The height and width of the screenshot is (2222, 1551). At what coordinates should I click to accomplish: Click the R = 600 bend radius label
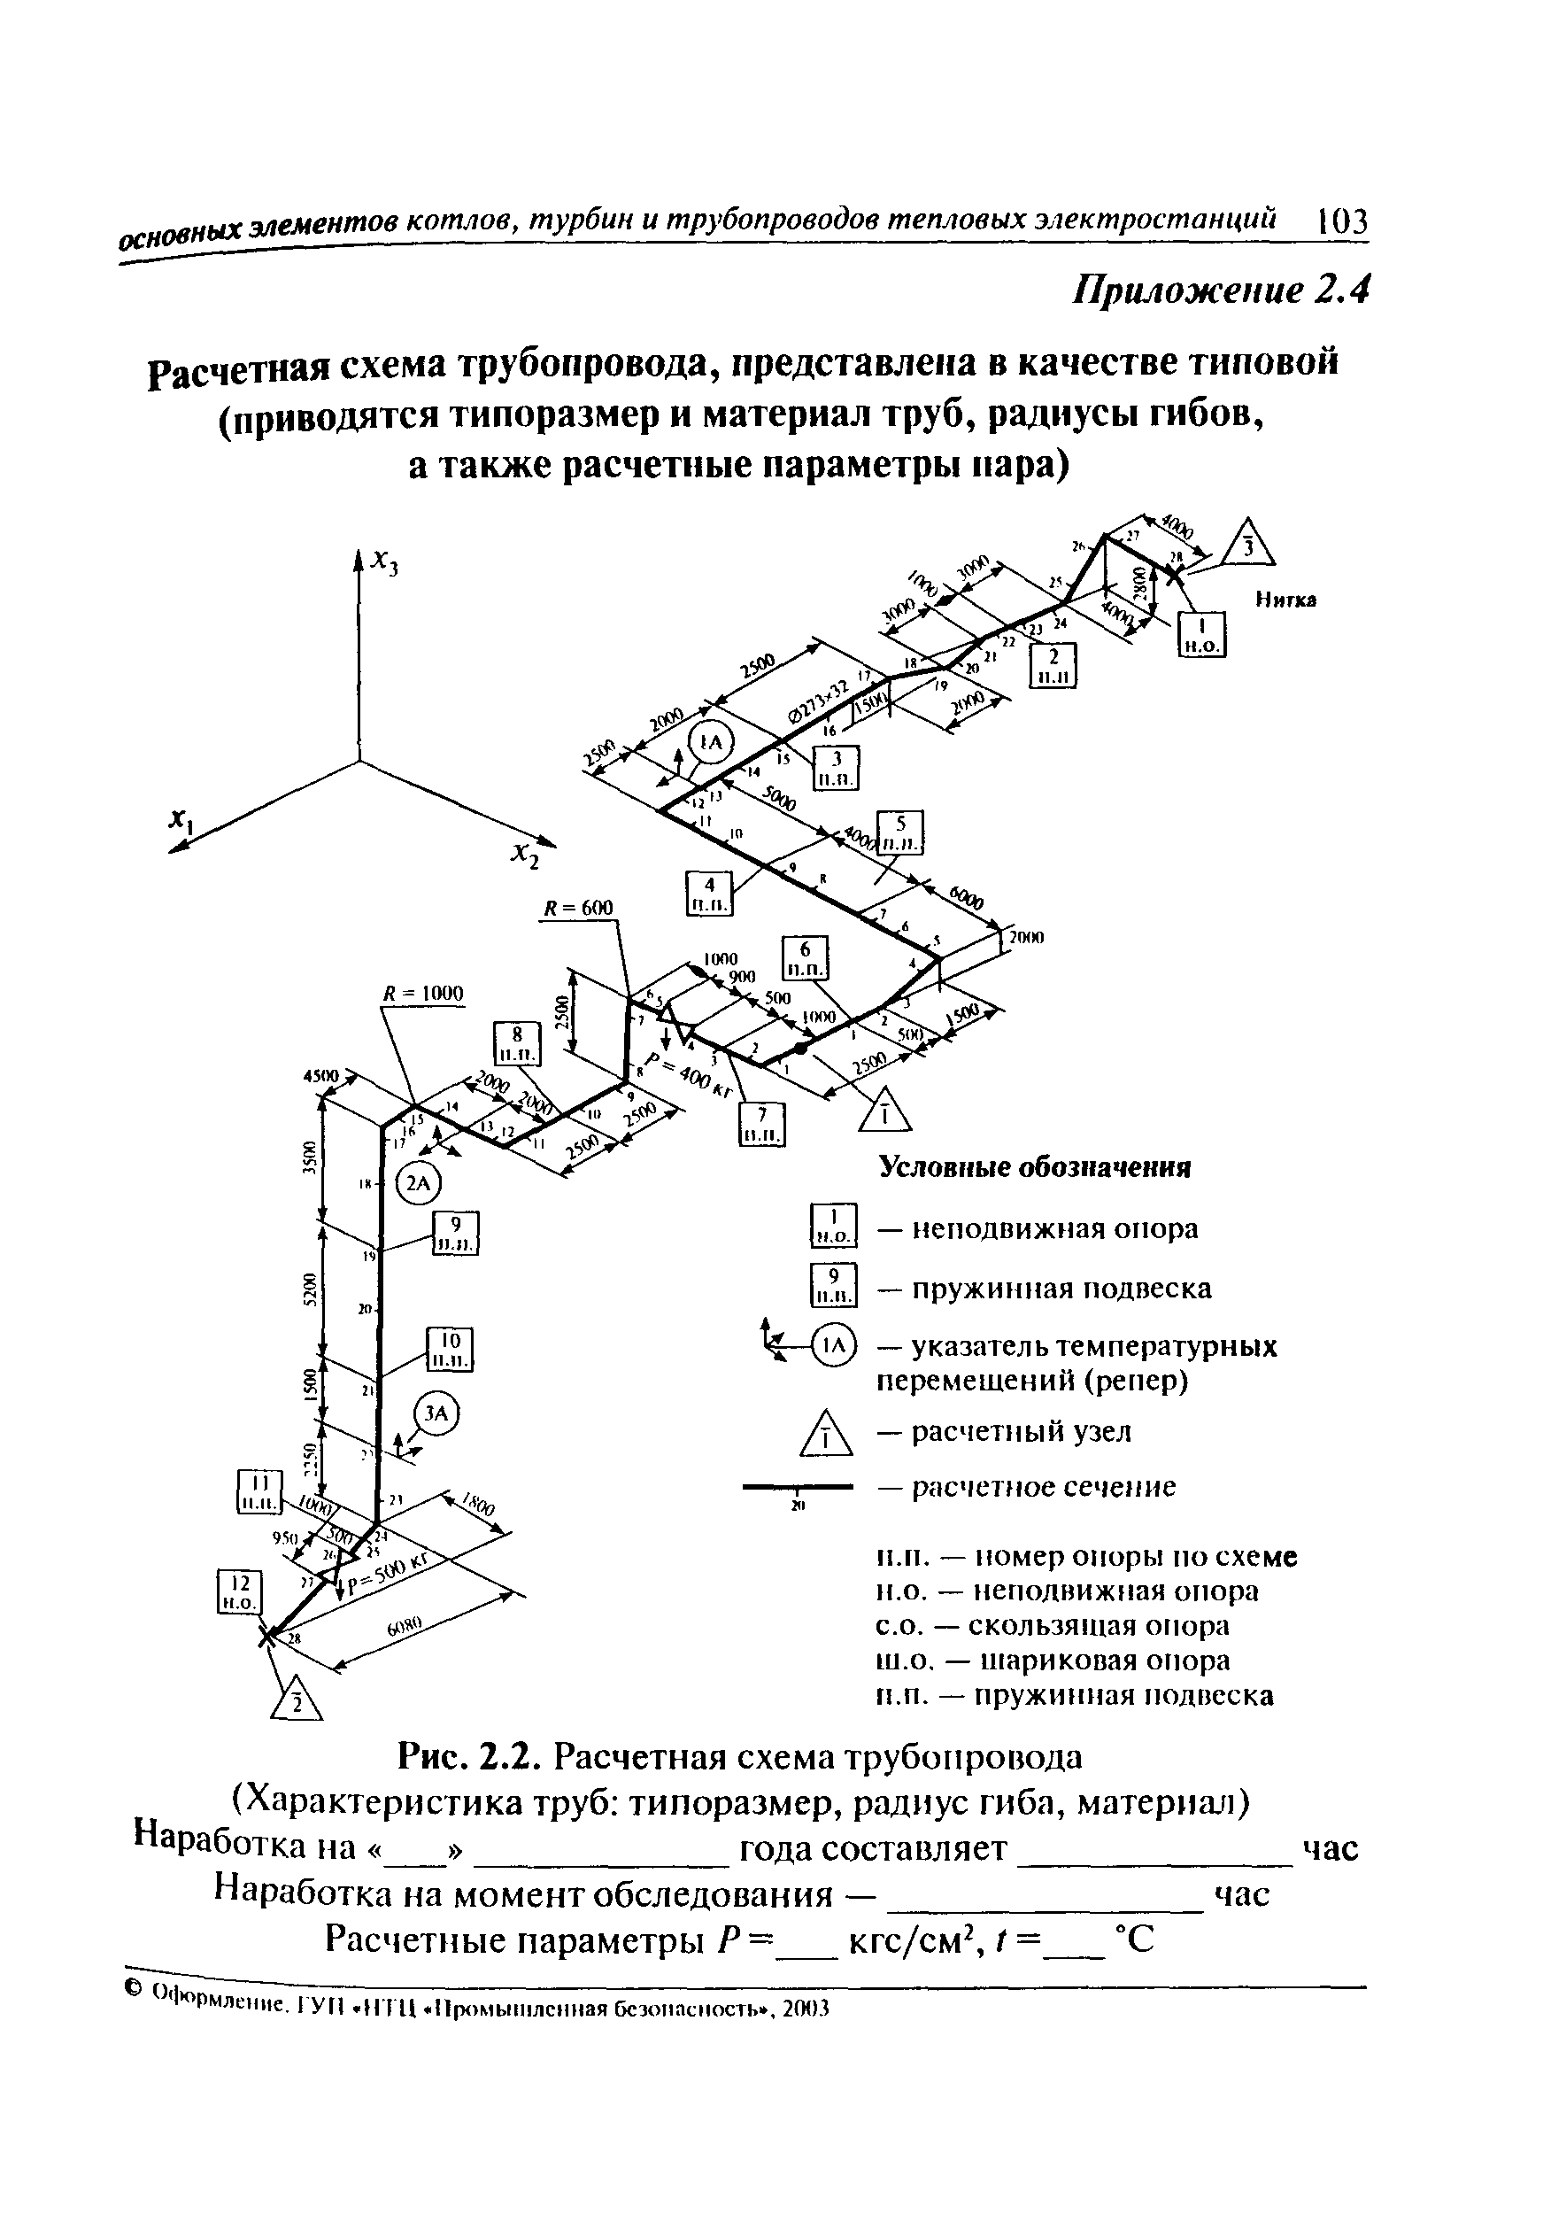tap(579, 908)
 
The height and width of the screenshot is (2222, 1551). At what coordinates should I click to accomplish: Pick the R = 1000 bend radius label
tap(424, 993)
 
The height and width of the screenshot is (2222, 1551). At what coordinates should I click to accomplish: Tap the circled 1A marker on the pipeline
tap(711, 743)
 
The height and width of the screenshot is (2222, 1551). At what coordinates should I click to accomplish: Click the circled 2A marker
tap(419, 1183)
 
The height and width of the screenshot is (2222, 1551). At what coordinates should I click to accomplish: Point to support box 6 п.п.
tap(806, 958)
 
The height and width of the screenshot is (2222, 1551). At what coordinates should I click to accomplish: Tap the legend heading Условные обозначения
tap(1034, 1167)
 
